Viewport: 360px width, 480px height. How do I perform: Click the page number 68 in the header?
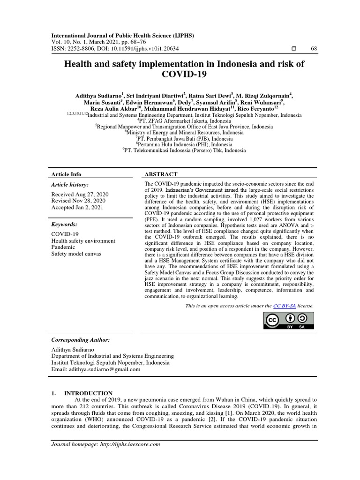pyautogui.click(x=314, y=49)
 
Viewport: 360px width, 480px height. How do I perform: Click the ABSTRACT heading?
pyautogui.click(x=161, y=174)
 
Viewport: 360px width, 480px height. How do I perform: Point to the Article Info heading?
pyautogui.click(x=66, y=174)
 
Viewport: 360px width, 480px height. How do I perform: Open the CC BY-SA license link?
pyautogui.click(x=280, y=306)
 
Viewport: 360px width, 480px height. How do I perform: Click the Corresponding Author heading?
pyautogui.click(x=81, y=339)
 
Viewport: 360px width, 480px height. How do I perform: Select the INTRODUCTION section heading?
pyautogui.click(x=88, y=393)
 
